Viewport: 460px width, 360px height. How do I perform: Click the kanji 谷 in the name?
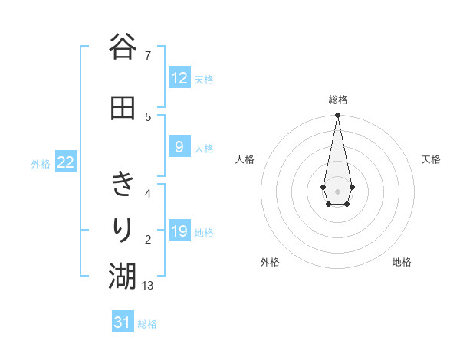tap(122, 47)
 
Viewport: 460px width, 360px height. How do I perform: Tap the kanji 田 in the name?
tap(122, 108)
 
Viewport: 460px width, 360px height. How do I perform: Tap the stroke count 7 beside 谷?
tap(147, 56)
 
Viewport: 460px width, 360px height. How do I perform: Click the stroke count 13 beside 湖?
tap(148, 286)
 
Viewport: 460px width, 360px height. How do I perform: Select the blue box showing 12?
tap(179, 78)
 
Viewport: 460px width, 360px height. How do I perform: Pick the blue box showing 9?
tap(179, 147)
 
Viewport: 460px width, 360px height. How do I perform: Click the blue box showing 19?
tap(179, 231)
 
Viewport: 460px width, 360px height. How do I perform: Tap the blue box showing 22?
tap(66, 162)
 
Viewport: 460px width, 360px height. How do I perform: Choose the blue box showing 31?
tap(123, 322)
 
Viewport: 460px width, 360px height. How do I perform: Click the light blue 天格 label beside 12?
tap(204, 79)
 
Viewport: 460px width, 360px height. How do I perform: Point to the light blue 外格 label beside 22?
tap(41, 163)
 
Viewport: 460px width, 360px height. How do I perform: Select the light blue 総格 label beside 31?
tap(147, 323)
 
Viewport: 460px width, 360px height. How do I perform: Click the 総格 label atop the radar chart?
tap(337, 100)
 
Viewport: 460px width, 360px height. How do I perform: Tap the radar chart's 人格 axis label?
tap(245, 159)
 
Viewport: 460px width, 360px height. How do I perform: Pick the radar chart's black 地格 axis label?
tap(402, 262)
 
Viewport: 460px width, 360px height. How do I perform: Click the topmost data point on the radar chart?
tap(337, 116)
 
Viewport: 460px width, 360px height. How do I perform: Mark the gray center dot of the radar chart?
tap(337, 190)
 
